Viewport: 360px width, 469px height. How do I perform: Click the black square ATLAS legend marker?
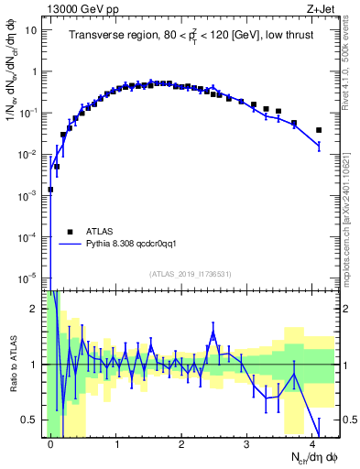coord(70,232)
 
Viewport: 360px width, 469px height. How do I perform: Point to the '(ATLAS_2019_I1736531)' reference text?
coord(191,274)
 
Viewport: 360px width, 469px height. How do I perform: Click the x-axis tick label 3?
coord(248,443)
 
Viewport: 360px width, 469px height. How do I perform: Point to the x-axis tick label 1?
coord(116,443)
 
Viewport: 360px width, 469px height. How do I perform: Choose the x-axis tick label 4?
coord(313,443)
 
